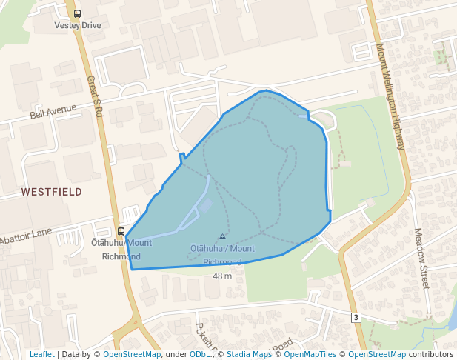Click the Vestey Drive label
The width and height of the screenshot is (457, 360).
point(77,25)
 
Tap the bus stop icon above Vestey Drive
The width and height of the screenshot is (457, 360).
point(78,13)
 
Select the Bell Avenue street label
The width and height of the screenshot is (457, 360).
point(53,112)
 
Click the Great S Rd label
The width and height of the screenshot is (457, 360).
point(95,96)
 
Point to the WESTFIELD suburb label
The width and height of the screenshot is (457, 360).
point(51,191)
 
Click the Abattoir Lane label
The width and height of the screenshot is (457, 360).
point(26,237)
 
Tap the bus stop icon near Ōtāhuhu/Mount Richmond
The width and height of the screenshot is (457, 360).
point(121,231)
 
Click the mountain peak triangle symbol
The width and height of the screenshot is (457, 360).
point(222,237)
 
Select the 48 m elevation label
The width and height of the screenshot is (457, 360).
point(222,276)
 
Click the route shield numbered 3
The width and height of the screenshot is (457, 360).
point(356,317)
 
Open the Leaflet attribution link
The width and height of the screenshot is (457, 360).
point(41,354)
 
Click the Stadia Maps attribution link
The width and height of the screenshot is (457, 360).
point(248,354)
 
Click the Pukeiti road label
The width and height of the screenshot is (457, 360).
point(203,335)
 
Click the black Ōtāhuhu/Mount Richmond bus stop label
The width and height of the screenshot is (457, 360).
point(121,250)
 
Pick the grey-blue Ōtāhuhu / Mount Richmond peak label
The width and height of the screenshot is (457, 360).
point(222,255)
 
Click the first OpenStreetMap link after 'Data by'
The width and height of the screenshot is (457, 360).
point(132,354)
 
